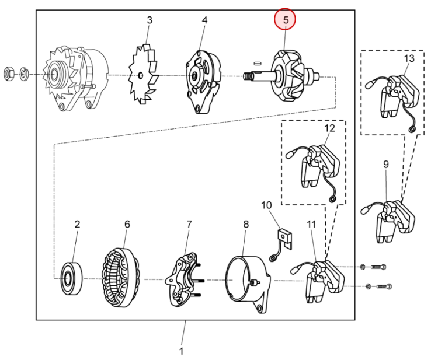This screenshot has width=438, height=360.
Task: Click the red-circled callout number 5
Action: pyautogui.click(x=285, y=20)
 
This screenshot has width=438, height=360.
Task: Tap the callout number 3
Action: pyautogui.click(x=150, y=20)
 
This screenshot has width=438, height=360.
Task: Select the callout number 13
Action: pyautogui.click(x=409, y=58)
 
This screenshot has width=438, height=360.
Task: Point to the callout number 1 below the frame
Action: pyautogui.click(x=181, y=351)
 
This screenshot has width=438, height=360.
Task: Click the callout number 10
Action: pyautogui.click(x=266, y=205)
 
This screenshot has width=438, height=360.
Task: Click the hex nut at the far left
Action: pyautogui.click(x=8, y=74)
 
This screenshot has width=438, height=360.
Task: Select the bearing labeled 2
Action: pyautogui.click(x=72, y=278)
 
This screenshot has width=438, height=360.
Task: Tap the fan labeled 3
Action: pyautogui.click(x=143, y=74)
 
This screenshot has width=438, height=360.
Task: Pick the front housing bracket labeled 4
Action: pyautogui.click(x=203, y=82)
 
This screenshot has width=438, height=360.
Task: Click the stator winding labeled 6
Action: pyautogui.click(x=120, y=278)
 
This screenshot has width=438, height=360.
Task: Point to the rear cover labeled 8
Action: pyautogui.click(x=248, y=284)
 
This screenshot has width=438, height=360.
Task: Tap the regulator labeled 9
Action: pyautogui.click(x=388, y=221)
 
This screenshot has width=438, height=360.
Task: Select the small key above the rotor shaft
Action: pyautogui.click(x=257, y=64)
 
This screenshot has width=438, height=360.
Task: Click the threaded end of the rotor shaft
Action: pyautogui.click(x=247, y=75)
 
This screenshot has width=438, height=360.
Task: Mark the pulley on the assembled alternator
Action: pyautogui.click(x=53, y=75)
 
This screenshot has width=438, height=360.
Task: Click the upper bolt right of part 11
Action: pyautogui.click(x=378, y=267)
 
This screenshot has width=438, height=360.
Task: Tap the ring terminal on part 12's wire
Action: pyautogui.click(x=332, y=200)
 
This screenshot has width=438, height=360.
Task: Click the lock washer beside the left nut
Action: pyautogui.click(x=24, y=74)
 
